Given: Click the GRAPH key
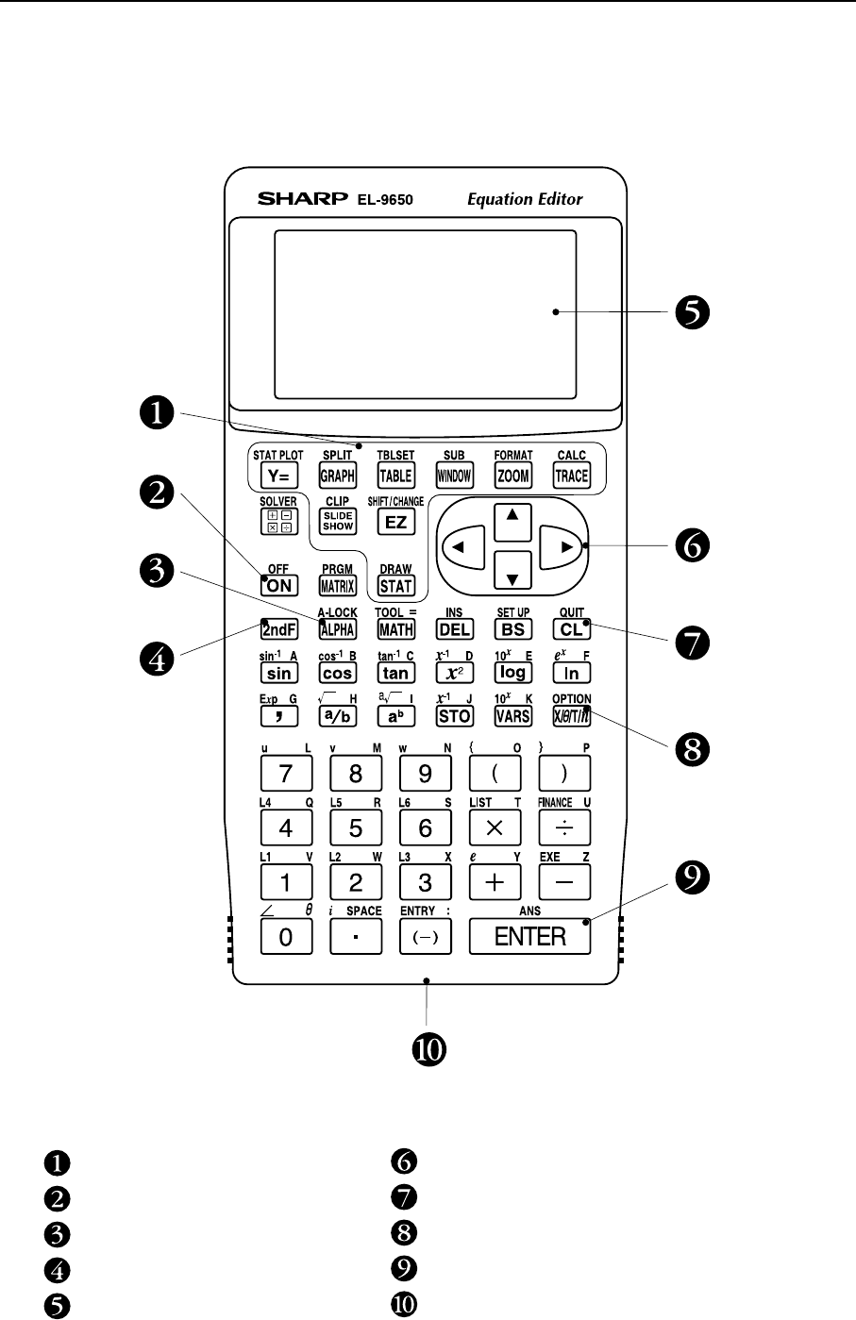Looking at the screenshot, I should [x=337, y=476].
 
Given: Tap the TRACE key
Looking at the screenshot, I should [x=571, y=476].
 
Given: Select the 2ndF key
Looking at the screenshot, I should [x=279, y=629].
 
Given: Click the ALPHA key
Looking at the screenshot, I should [x=337, y=629].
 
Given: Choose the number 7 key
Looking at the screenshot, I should [x=285, y=775].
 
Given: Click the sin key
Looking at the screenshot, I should [x=279, y=673].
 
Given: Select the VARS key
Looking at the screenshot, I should [x=512, y=716].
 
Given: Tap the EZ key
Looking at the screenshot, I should [x=395, y=521].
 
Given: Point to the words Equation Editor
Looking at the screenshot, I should [x=525, y=199].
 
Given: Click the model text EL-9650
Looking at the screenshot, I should [x=384, y=200].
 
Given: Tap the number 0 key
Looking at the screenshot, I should [x=285, y=937].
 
